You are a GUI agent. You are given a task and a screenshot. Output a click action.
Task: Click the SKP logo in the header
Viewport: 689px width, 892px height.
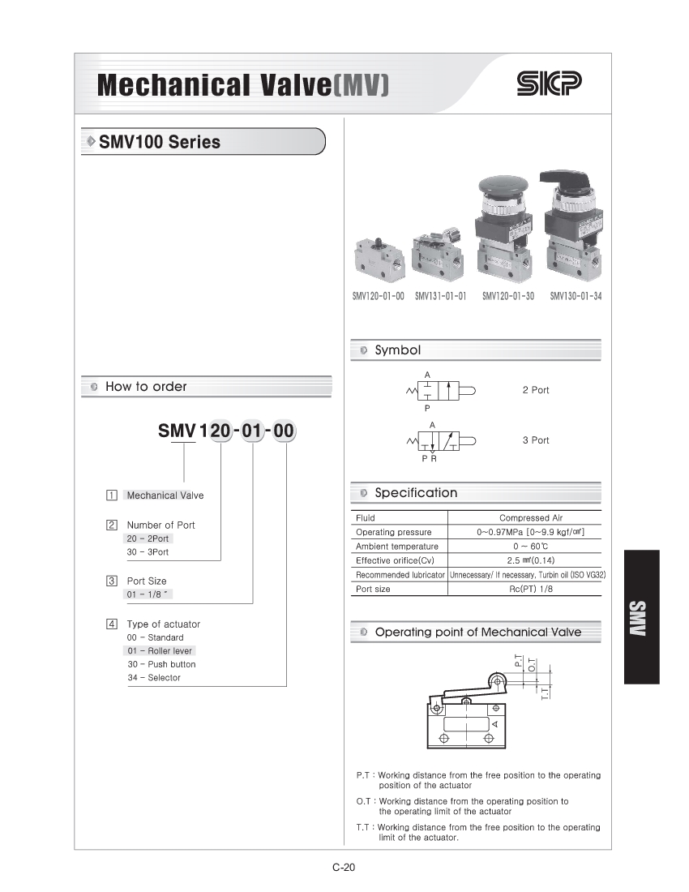549,84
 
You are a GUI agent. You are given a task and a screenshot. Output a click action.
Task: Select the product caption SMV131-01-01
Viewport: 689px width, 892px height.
440,297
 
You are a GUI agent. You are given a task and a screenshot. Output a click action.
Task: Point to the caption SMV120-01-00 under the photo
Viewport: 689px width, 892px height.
378,297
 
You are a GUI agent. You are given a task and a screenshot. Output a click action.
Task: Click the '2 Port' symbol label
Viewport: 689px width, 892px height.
535,390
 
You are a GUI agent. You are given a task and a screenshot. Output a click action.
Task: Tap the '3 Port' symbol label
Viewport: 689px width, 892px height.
535,440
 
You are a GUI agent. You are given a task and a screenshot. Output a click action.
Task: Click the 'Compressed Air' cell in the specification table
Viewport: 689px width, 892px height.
530,517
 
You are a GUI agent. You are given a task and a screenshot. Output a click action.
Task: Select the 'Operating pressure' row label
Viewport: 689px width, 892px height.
393,532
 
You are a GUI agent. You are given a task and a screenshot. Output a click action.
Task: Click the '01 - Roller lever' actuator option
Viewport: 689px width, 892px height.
160,650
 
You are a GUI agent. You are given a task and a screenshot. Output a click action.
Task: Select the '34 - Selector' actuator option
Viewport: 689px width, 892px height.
153,677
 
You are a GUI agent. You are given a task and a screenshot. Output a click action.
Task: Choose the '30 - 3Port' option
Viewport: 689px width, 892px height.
147,552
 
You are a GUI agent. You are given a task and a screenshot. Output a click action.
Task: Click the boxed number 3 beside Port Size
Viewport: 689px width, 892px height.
111,581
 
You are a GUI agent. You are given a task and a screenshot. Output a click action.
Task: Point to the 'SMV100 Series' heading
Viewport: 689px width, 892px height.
160,142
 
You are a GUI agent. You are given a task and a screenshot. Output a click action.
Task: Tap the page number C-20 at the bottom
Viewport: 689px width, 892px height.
344,868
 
